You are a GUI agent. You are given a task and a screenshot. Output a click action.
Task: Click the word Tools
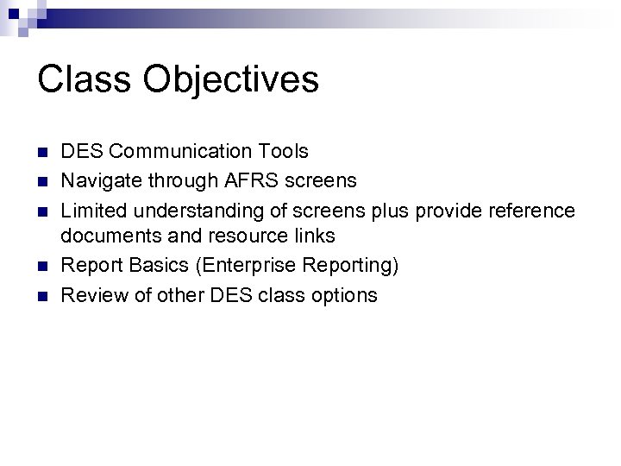282,152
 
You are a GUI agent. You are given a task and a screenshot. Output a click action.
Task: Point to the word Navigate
95,180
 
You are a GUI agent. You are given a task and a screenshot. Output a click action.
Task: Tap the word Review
91,295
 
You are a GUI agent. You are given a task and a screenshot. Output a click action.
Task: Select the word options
346,295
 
